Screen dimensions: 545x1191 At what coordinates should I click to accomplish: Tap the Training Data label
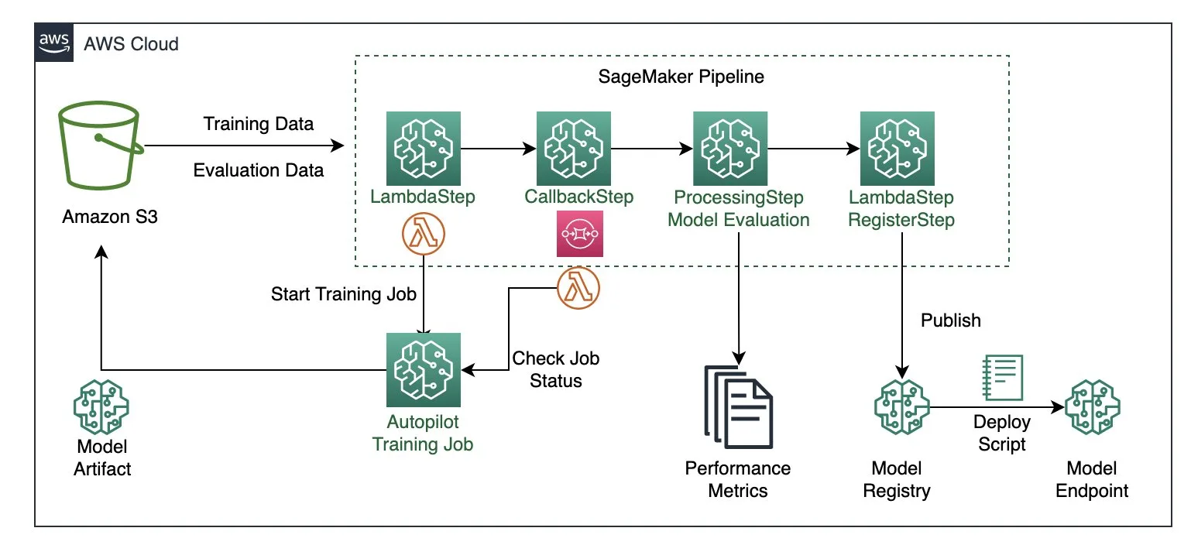(x=259, y=124)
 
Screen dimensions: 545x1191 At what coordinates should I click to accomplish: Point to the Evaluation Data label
(x=259, y=170)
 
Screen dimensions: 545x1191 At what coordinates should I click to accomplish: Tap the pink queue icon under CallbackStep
(x=579, y=233)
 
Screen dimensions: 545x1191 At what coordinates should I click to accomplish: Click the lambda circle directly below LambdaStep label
(x=424, y=233)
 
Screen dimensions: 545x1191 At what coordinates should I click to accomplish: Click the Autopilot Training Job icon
(x=423, y=370)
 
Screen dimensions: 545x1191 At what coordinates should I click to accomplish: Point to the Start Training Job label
(x=344, y=294)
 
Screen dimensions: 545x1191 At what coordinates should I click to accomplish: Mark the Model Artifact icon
(x=101, y=405)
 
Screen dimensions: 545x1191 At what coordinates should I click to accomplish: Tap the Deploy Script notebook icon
(x=1002, y=378)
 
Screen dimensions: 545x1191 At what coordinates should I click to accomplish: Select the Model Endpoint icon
(x=1092, y=406)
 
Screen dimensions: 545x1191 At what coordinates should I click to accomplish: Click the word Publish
(x=951, y=320)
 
